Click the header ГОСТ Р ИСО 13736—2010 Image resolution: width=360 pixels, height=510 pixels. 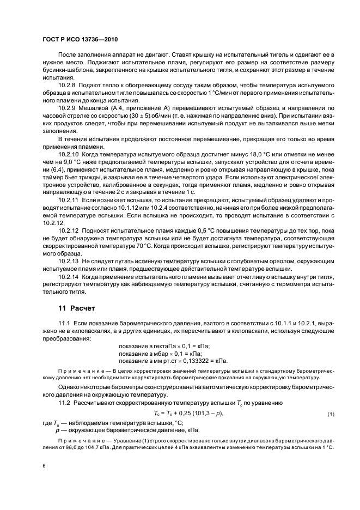coord(80,40)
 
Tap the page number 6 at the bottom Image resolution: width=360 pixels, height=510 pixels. coord(44,467)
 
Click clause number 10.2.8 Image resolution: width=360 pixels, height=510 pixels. coord(68,86)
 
